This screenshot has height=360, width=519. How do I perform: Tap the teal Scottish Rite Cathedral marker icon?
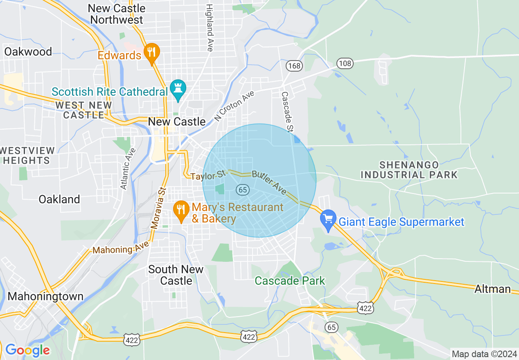pos(178,90)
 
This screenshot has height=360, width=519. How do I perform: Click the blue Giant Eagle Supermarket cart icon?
pos(328,220)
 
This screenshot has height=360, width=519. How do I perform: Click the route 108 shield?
pos(345,63)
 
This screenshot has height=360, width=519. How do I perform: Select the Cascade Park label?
pos(290,281)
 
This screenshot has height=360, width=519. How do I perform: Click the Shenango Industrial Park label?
pos(409,170)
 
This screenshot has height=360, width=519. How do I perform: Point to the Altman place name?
pos(493,289)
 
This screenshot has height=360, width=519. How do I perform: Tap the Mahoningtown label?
pos(45,296)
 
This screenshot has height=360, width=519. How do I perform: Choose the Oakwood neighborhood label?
pos(28,52)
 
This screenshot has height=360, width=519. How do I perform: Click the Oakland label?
pos(59,199)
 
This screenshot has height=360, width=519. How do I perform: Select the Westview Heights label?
pos(27,155)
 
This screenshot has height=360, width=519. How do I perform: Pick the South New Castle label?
pos(176,275)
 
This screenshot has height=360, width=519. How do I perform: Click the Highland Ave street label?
pos(210,28)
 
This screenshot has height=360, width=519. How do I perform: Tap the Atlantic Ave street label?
pos(128,168)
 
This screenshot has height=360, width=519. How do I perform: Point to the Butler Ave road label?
pos(269,182)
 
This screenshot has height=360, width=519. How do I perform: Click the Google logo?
pos(27,350)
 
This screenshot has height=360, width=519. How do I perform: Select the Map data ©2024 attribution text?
pos(484,353)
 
